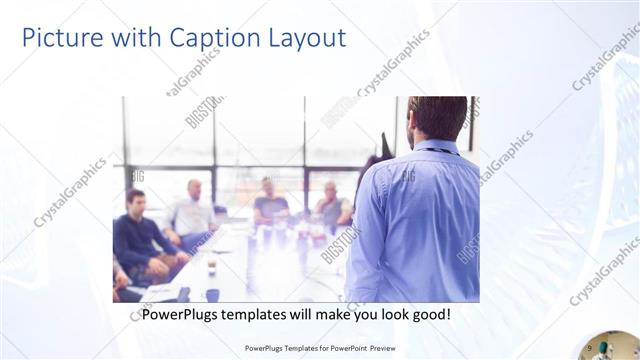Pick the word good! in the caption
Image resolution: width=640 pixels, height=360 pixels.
coord(430,314)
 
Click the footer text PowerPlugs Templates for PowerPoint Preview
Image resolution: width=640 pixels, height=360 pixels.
coord(320,348)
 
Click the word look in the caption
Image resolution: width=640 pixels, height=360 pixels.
coord(389,314)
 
